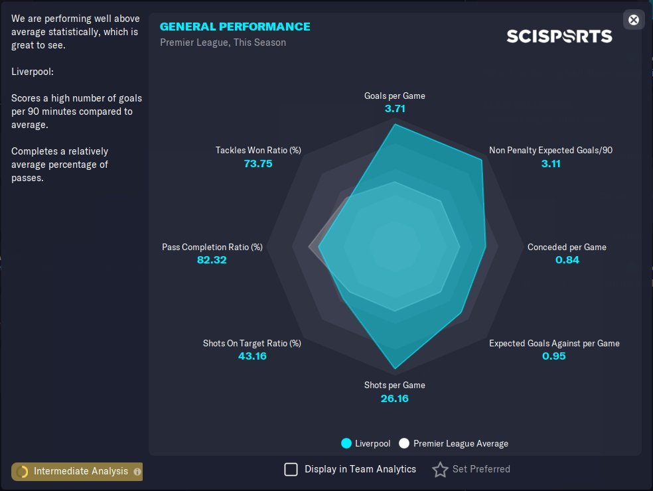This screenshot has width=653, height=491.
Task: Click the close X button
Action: (x=634, y=20)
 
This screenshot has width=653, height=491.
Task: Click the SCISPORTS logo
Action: (x=559, y=36)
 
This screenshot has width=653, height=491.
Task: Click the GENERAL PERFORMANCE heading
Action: (x=235, y=27)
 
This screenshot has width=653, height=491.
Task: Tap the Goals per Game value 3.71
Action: (x=395, y=109)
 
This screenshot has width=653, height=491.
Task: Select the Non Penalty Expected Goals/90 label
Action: (x=550, y=150)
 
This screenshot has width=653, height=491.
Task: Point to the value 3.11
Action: (x=551, y=163)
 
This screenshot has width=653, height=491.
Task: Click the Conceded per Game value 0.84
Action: (x=567, y=259)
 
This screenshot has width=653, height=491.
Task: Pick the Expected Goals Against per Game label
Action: (x=554, y=343)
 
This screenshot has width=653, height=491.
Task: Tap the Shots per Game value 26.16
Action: (x=395, y=399)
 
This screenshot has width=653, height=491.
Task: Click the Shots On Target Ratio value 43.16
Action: (x=252, y=356)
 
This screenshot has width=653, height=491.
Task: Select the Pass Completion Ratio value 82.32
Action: (x=212, y=259)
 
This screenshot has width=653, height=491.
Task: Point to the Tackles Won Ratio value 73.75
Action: (x=258, y=163)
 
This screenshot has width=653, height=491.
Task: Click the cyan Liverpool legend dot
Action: (x=346, y=443)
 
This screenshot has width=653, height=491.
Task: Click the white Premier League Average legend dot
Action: (x=404, y=443)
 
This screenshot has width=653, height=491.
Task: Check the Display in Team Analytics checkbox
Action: (x=291, y=470)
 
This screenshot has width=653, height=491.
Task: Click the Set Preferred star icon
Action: (x=440, y=470)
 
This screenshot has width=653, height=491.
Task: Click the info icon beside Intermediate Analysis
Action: (x=137, y=472)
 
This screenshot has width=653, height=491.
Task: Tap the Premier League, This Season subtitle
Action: (x=223, y=42)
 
